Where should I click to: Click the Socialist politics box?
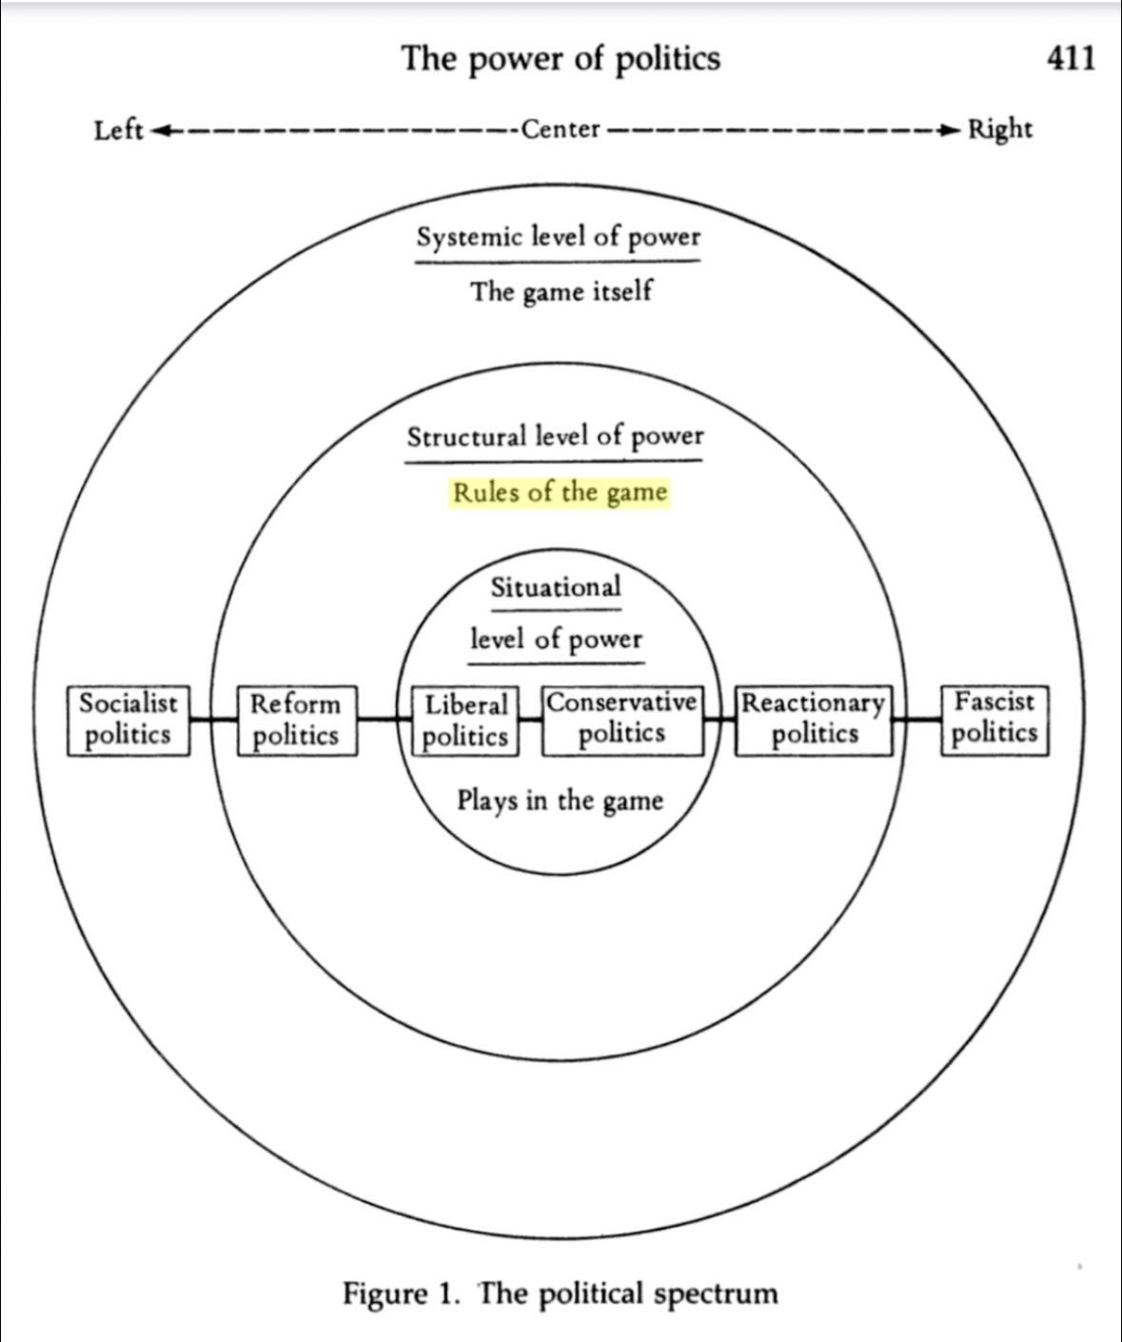[x=128, y=720]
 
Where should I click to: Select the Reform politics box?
[x=296, y=720]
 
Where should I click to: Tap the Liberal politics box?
[x=465, y=720]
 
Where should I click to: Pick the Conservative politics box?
[x=622, y=720]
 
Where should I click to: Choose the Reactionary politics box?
[x=814, y=720]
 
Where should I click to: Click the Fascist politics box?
[x=994, y=720]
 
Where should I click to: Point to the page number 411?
[x=1071, y=59]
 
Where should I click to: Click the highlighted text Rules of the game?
[x=560, y=493]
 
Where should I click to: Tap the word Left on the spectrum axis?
[x=118, y=129]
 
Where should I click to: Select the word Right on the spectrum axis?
[x=999, y=128]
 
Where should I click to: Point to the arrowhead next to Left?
[x=160, y=129]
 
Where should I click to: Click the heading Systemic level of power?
[x=559, y=237]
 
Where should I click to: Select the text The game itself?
[x=561, y=290]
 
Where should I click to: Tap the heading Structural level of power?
[x=556, y=437]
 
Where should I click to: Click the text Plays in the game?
[x=560, y=799]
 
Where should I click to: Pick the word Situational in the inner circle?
[x=556, y=588]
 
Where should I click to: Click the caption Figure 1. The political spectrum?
[x=561, y=1293]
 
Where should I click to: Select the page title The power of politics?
[x=561, y=59]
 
